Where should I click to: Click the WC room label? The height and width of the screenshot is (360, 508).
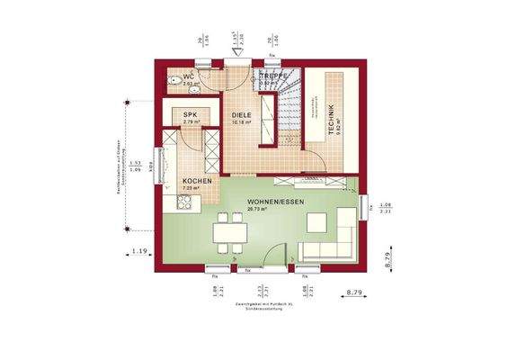click(x=189, y=77)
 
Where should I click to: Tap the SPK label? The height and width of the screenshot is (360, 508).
click(x=190, y=115)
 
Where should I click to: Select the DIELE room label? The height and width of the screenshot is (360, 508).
click(x=241, y=115)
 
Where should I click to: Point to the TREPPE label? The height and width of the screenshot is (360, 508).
click(x=273, y=77)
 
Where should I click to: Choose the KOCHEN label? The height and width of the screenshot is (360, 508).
click(x=197, y=181)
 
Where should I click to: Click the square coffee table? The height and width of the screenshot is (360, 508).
click(x=318, y=221)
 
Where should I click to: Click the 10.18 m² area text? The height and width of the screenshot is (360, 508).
click(x=240, y=123)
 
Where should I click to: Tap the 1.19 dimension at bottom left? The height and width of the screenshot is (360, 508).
click(x=138, y=250)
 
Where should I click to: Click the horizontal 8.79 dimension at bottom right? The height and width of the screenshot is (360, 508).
click(x=358, y=292)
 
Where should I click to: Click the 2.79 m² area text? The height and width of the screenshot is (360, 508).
click(x=191, y=123)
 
